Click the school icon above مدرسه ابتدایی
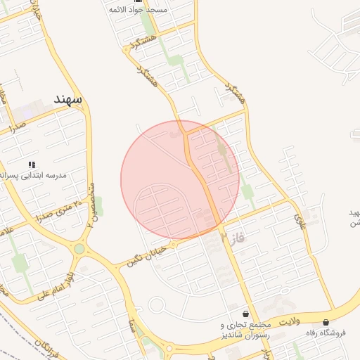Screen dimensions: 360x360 [32, 165]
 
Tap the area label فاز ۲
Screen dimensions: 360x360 [234, 238]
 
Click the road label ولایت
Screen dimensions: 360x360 [290, 321]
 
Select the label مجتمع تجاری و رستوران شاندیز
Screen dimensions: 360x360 [245, 330]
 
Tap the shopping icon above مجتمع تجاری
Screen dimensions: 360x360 [245, 314]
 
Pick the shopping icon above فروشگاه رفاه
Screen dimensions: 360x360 [326, 323]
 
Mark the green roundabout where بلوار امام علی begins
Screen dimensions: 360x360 [79, 248]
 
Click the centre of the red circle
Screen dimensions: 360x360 [180, 180]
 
